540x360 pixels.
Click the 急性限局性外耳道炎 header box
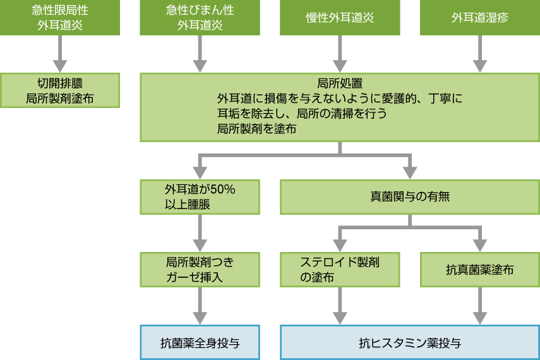point(59,17)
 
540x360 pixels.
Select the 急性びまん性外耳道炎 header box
point(200,17)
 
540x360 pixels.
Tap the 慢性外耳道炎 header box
point(340,17)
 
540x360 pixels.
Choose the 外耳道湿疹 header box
point(480,17)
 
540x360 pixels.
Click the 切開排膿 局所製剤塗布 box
point(59,90)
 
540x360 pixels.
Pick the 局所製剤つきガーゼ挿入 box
point(200,270)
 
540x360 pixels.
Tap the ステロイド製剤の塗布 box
point(340,270)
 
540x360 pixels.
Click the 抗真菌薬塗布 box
point(480,270)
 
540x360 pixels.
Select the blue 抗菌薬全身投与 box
point(200,343)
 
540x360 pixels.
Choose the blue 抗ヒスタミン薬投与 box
point(410,343)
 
